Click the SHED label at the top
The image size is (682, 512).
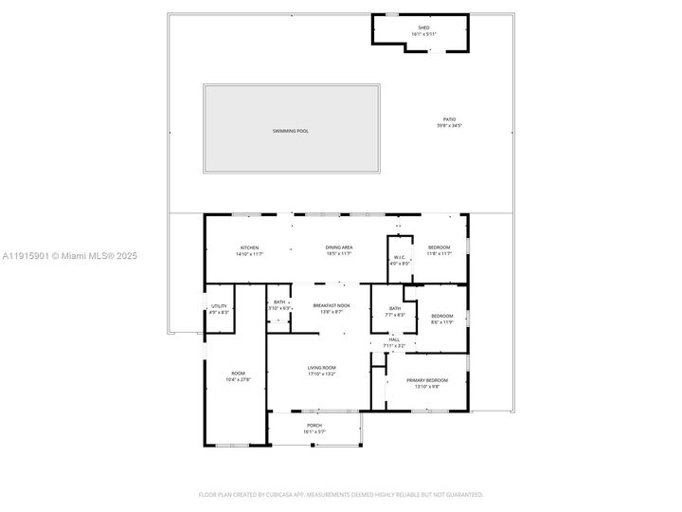coord(423,27)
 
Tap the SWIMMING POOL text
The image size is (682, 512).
coord(290,131)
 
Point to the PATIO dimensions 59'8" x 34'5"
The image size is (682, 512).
coord(449,125)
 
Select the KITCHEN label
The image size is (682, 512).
coord(249,247)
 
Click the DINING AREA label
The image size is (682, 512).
coord(339,247)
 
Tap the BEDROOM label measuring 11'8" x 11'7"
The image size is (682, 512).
coord(439,247)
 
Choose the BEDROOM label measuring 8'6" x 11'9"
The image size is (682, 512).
coord(442,316)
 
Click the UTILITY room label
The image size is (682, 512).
coord(219,305)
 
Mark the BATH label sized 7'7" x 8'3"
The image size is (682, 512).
coord(394,308)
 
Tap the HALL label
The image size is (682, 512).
coord(393,340)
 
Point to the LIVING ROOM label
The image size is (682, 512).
coord(322,367)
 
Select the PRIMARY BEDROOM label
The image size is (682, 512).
coord(426,380)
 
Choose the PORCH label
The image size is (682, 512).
coord(314,427)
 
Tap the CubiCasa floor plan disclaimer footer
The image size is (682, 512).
coord(340,494)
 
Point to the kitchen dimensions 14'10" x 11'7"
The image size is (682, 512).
coord(249,253)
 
